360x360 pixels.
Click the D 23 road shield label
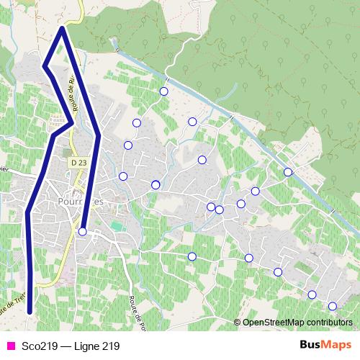click(x=79, y=163)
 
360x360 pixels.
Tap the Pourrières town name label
click(x=80, y=202)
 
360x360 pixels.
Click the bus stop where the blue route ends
click(x=83, y=231)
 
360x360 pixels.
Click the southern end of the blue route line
click(x=30, y=312)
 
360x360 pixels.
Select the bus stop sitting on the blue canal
click(x=288, y=172)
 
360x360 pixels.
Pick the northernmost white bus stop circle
click(x=163, y=91)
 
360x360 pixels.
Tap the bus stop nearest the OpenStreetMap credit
click(x=333, y=306)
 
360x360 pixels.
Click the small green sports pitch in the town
click(x=117, y=228)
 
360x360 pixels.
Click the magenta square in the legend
click(x=9, y=346)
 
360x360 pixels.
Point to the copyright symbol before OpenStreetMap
click(x=238, y=322)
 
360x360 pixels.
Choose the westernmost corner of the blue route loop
click(x=45, y=67)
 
